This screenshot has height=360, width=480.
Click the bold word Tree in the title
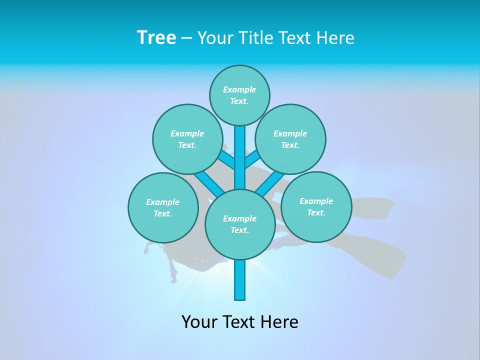[x=156, y=37]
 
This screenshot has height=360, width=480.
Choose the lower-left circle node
[x=163, y=207]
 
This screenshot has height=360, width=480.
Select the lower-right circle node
[x=316, y=206]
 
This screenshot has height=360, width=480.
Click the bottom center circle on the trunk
[x=240, y=224]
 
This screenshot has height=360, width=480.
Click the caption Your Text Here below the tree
[x=240, y=321]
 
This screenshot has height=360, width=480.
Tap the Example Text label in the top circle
[x=239, y=95]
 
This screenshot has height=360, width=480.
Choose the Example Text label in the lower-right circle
[x=316, y=206]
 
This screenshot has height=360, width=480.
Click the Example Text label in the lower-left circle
[x=163, y=207]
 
